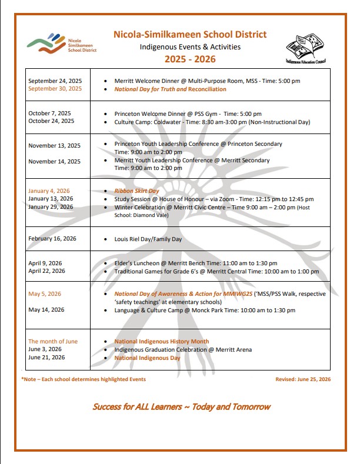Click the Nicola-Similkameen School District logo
[62, 43]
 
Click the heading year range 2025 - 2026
[190, 59]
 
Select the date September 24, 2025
[55, 81]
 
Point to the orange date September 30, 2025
[55, 89]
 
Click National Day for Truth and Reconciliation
[170, 89]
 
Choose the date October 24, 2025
[51, 121]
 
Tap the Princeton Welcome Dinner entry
[188, 114]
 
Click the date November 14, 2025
[54, 161]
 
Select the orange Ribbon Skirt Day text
[136, 191]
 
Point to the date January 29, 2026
[51, 207]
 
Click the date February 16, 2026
[52, 238]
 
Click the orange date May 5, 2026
[45, 293]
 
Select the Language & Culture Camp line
[205, 310]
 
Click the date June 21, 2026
[46, 358]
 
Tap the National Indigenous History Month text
[161, 342]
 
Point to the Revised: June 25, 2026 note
[302, 379]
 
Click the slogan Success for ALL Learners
[181, 407]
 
